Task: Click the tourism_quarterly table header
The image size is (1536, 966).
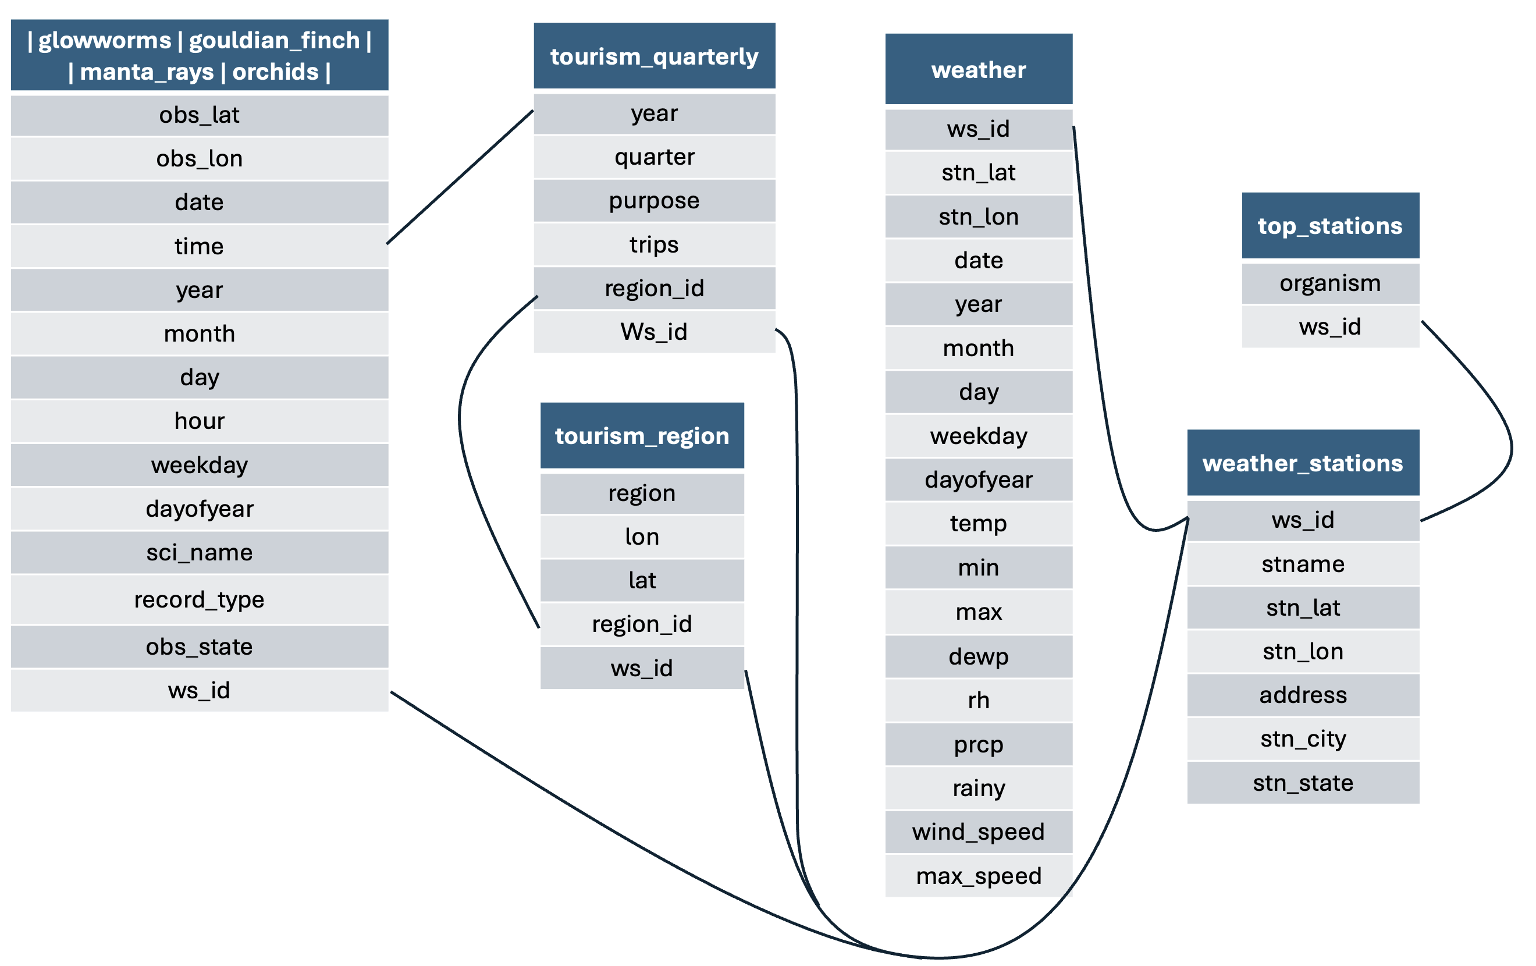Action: [x=654, y=56]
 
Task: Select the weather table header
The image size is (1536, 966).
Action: [x=978, y=69]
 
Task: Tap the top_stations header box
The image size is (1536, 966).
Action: [x=1329, y=225]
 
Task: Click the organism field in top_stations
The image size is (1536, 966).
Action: [x=1329, y=283]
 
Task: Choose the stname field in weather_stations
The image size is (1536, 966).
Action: [x=1303, y=563]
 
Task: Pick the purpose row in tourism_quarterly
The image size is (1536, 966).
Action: [x=654, y=200]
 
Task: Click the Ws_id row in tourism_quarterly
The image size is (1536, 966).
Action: [x=654, y=332]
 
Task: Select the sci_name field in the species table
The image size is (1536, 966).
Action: [x=199, y=552]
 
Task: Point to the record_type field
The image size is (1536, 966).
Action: [x=199, y=599]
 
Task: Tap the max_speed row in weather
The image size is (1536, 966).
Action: [x=978, y=875]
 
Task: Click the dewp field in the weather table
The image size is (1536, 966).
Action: [x=978, y=656]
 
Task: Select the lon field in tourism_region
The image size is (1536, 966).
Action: [x=642, y=537]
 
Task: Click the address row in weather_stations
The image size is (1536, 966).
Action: [x=1303, y=695]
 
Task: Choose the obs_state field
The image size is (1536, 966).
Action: [x=199, y=647]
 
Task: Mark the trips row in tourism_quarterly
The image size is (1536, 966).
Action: [x=654, y=244]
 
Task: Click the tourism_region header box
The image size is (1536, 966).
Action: [x=642, y=436]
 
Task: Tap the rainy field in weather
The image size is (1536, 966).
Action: [x=978, y=788]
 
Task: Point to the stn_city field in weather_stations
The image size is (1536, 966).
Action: [x=1303, y=739]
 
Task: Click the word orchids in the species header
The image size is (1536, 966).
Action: [x=275, y=72]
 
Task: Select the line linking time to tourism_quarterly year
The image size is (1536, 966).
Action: [x=459, y=177]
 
